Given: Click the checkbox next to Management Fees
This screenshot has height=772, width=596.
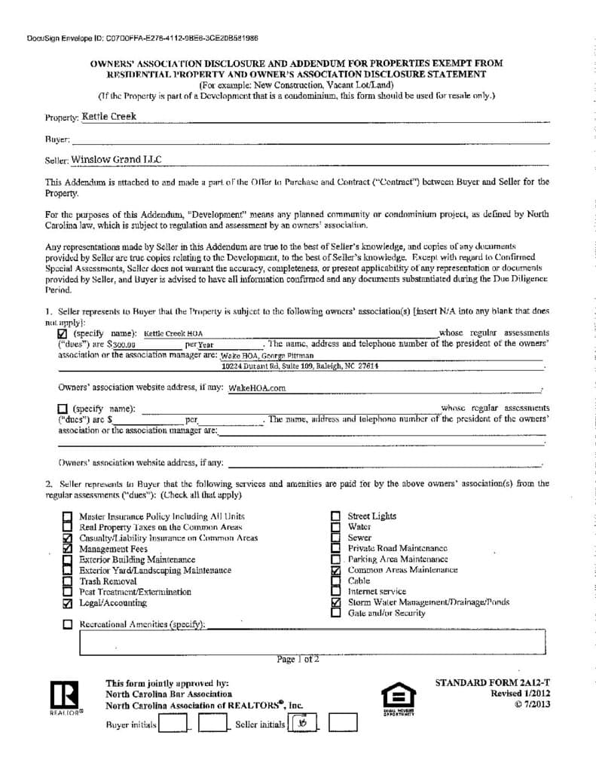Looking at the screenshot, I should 68,549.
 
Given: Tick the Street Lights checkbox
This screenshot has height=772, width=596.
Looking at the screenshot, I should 336,516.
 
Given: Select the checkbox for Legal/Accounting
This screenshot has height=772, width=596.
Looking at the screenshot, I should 68,603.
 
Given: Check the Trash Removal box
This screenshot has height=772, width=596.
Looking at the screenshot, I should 68,581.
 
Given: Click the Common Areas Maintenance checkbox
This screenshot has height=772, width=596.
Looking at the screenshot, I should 336,571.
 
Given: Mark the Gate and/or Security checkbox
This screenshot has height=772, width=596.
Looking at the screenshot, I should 336,614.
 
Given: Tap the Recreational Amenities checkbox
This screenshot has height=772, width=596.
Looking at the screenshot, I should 68,624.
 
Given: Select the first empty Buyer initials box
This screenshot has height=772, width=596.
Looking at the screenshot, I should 173,725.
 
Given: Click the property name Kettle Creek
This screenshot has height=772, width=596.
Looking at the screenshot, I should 109,117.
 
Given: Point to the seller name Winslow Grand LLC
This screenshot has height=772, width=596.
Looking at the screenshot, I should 116,160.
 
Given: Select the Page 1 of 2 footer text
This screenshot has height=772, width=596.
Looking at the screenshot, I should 298,659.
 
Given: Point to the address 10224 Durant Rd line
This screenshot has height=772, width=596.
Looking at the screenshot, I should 300,366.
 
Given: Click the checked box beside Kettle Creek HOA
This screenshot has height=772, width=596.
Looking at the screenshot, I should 63,333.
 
